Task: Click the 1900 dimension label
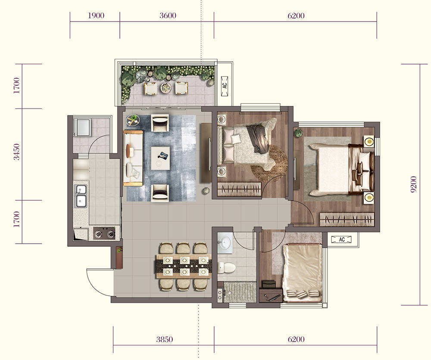point(96,16)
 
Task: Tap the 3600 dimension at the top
point(168,16)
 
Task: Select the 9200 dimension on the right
point(414,184)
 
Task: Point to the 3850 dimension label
point(165,339)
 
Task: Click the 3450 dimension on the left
point(17,152)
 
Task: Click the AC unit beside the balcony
point(225,86)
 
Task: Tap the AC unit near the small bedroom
point(342,239)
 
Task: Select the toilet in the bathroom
point(226,267)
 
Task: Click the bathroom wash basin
point(225,243)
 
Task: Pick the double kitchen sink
point(81,196)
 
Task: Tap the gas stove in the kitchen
point(104,233)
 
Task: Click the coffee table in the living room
point(160,158)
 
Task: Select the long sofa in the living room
point(133,158)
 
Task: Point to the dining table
point(184,267)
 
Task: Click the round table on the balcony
point(166,87)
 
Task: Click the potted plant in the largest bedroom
point(299,133)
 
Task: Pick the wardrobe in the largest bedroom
point(347,220)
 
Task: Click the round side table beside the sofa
point(133,120)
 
